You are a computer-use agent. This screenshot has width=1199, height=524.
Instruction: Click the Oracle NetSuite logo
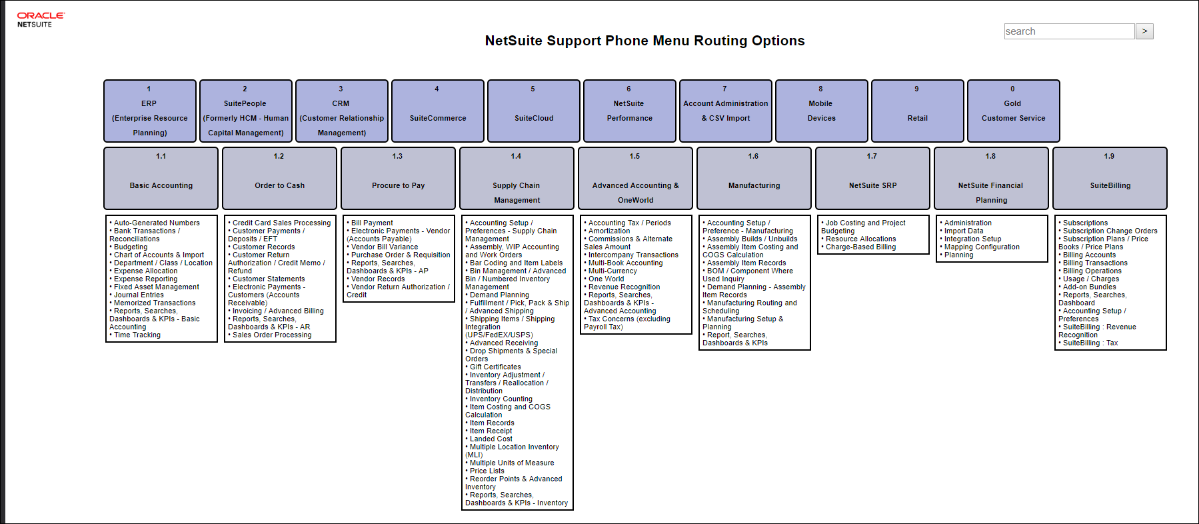point(40,19)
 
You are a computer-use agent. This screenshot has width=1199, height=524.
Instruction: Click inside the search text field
point(1068,31)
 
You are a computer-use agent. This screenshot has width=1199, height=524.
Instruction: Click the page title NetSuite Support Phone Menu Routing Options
point(644,41)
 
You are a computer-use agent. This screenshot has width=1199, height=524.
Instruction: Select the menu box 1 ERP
point(150,111)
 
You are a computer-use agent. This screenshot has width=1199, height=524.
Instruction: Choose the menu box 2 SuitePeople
point(245,111)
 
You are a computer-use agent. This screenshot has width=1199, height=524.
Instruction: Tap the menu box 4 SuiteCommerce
point(437,111)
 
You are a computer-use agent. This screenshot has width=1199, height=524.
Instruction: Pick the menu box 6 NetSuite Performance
point(629,111)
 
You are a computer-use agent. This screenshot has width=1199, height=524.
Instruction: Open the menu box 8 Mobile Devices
point(821,111)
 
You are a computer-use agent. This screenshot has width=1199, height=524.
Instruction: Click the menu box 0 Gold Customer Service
point(1013,111)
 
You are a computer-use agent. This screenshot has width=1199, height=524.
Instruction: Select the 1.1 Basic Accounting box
point(161,179)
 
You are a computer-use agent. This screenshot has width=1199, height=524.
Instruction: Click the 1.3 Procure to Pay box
point(398,179)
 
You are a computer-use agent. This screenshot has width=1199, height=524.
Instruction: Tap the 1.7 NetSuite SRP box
point(872,179)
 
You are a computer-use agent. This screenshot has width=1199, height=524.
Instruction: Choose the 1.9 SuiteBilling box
point(1110,179)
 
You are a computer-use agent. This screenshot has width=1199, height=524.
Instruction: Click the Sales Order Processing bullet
point(271,335)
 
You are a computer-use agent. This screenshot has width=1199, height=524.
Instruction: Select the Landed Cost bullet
point(491,439)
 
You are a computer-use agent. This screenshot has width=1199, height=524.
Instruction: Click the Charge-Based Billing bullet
point(860,247)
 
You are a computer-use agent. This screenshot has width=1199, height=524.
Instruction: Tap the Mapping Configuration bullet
point(981,247)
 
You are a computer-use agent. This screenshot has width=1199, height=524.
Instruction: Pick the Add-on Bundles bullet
point(1089,287)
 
